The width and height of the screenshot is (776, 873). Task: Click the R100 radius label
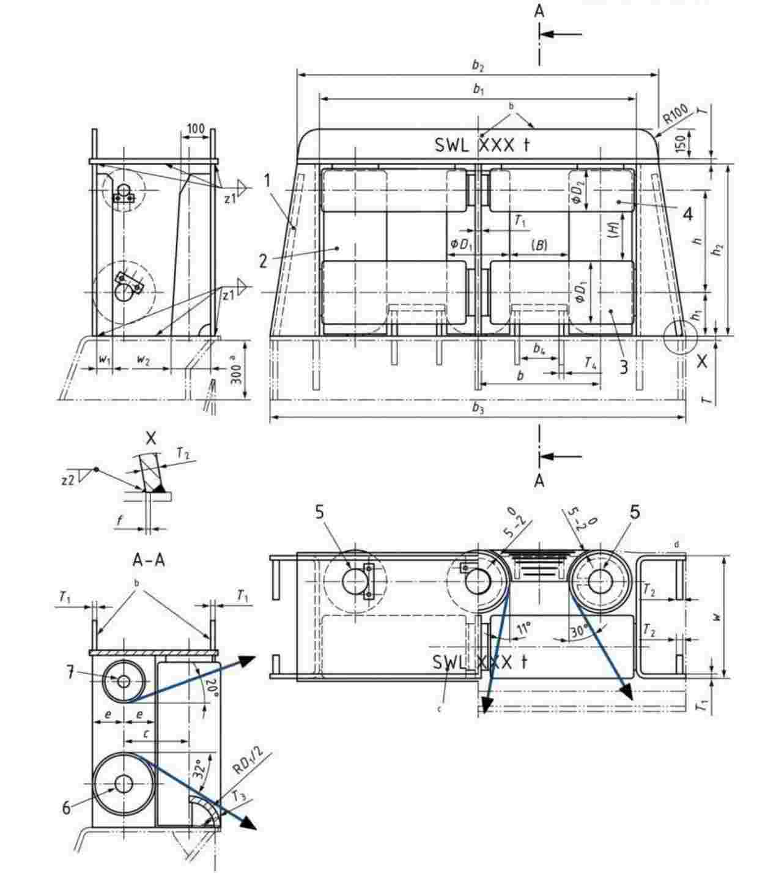[x=676, y=115]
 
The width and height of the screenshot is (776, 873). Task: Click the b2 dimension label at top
[x=478, y=65]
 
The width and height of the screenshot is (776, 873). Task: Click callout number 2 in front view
[x=263, y=261]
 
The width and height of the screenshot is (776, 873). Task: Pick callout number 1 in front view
[x=267, y=180]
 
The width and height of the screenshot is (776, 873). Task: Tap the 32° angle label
[x=199, y=768]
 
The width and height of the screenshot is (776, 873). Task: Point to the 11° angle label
[x=523, y=628]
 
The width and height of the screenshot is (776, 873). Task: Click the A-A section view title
[x=149, y=559]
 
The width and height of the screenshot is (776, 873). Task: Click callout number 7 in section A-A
[x=71, y=673]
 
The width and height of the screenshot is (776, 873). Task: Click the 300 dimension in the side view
[x=237, y=371]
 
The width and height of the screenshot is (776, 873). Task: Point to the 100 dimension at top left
[x=195, y=128]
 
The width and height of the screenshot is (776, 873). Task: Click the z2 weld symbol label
[x=68, y=480]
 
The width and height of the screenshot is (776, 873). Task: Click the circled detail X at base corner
[x=680, y=336]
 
